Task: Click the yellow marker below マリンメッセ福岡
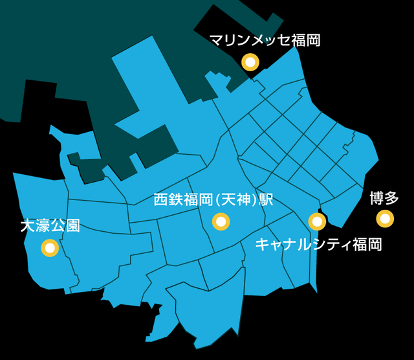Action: click(x=250, y=62)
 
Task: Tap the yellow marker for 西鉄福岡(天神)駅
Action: click(x=221, y=222)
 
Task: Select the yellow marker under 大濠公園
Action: click(x=50, y=247)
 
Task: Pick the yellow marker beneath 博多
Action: click(x=386, y=219)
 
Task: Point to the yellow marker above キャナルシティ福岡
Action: click(x=317, y=222)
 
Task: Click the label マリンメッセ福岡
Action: click(x=265, y=41)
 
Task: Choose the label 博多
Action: click(x=384, y=198)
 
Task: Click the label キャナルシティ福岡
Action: click(x=318, y=245)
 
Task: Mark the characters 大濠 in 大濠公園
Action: click(x=35, y=226)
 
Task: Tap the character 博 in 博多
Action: click(x=376, y=198)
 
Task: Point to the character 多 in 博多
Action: click(x=392, y=198)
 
